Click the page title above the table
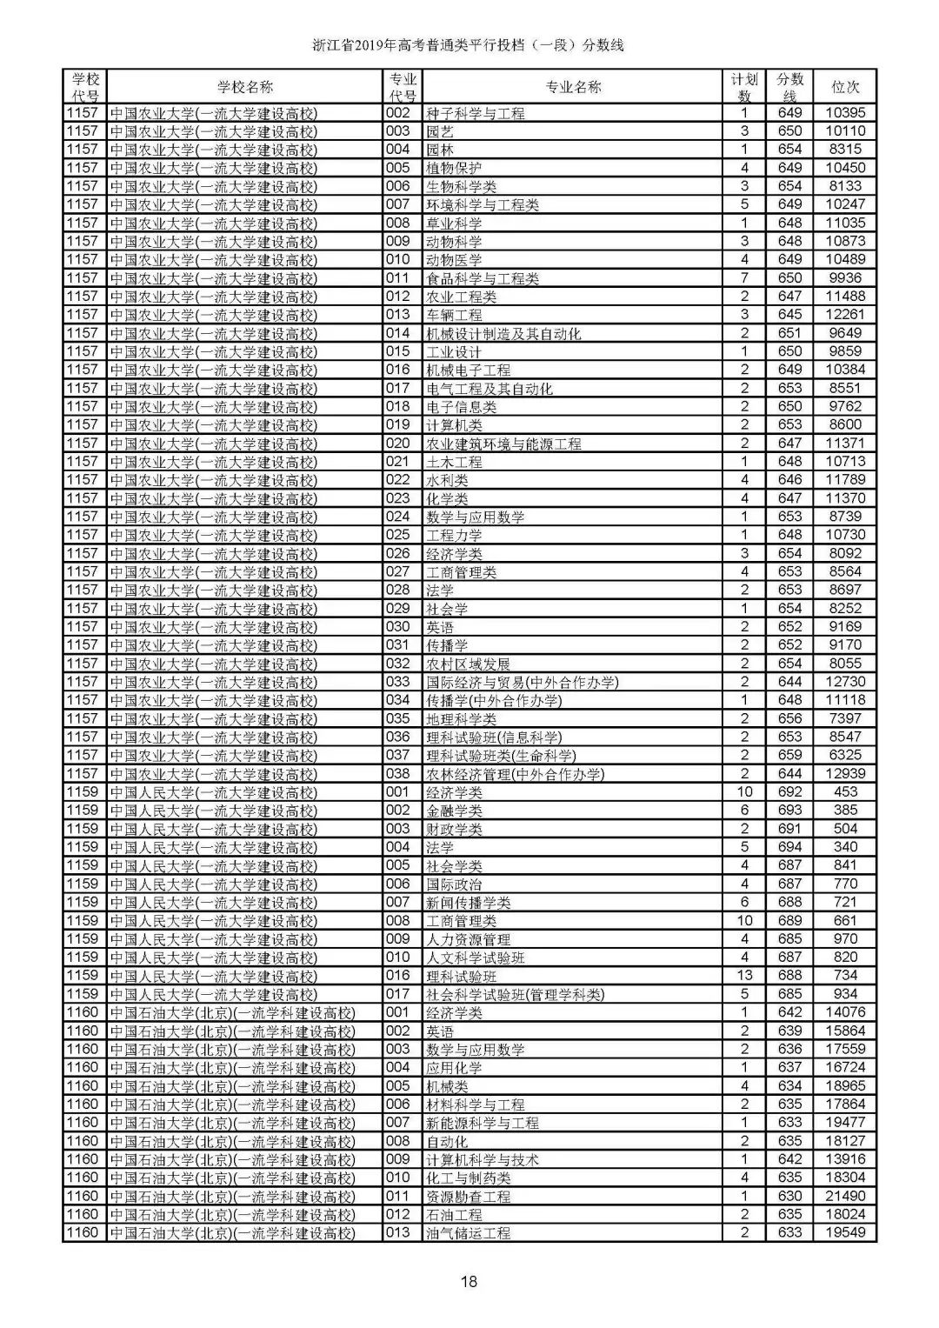pyautogui.click(x=469, y=45)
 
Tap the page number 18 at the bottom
pyautogui.click(x=469, y=1281)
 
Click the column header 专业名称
pyautogui.click(x=573, y=87)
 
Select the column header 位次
pyautogui.click(x=845, y=87)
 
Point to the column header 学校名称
pyautogui.click(x=244, y=87)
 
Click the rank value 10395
pyautogui.click(x=845, y=113)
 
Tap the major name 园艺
pyautogui.click(x=440, y=131)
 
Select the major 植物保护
pyautogui.click(x=454, y=168)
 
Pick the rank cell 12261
pyautogui.click(x=845, y=315)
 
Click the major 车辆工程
pyautogui.click(x=454, y=315)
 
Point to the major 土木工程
pyautogui.click(x=454, y=462)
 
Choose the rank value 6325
pyautogui.click(x=845, y=755)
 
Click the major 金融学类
pyautogui.click(x=454, y=811)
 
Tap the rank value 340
pyautogui.click(x=845, y=847)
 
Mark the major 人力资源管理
pyautogui.click(x=468, y=939)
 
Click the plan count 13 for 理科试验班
pyautogui.click(x=744, y=976)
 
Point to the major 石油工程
pyautogui.click(x=454, y=1214)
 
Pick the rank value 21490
pyautogui.click(x=845, y=1196)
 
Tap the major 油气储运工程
pyautogui.click(x=468, y=1233)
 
